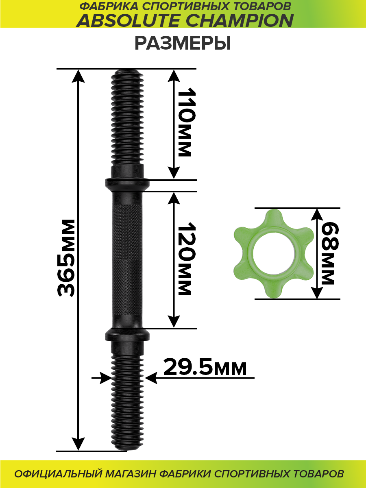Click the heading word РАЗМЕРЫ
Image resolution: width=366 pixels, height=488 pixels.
[x=183, y=43]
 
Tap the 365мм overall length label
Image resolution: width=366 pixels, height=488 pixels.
[x=66, y=258]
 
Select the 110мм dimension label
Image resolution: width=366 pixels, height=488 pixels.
[x=185, y=122]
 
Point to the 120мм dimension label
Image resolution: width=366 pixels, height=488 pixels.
[x=185, y=259]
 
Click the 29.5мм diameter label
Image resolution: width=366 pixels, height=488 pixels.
[x=205, y=368]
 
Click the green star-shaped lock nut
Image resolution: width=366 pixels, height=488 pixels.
[x=274, y=253]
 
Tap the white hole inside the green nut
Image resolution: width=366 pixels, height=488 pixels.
[x=274, y=253]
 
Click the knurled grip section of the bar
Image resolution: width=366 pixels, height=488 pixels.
[x=127, y=260]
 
